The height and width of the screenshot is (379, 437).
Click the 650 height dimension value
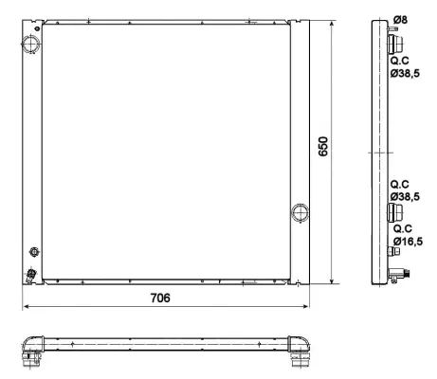(323, 147)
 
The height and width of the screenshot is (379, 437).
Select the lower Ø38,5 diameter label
(406, 195)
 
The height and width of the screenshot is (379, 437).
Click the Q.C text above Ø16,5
(402, 228)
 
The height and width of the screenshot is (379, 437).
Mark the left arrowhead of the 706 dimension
(27, 307)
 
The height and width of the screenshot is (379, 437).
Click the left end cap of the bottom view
(36, 348)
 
